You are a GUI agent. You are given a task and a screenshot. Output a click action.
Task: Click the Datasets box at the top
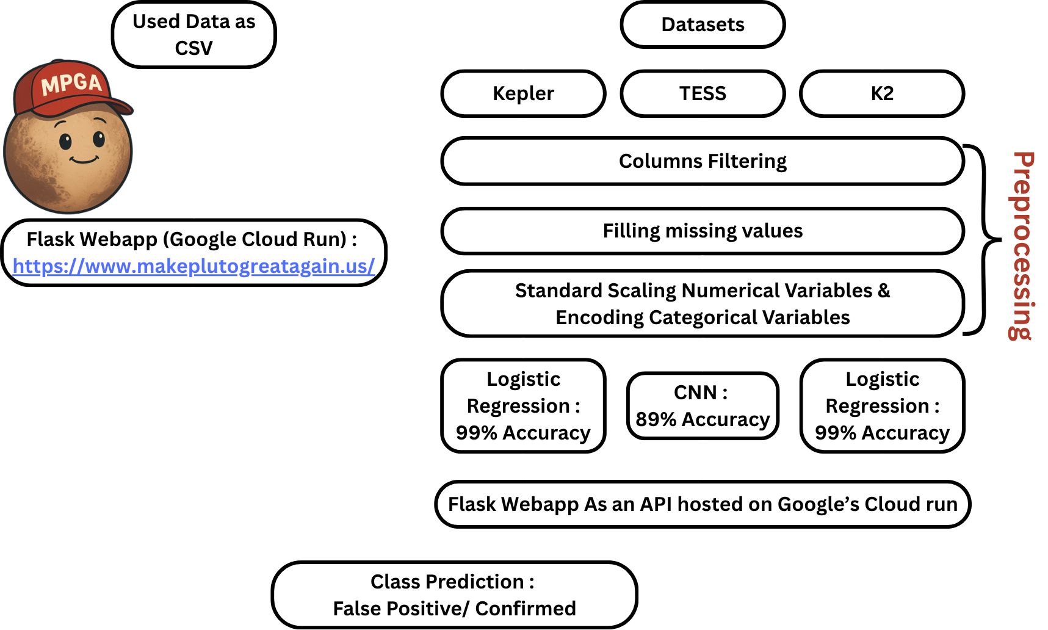coord(703,25)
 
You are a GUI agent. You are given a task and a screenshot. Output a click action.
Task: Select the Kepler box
coord(523,93)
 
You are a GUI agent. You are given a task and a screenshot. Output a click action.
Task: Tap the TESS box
coord(703,93)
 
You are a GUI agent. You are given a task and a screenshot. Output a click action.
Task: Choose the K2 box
coord(882,93)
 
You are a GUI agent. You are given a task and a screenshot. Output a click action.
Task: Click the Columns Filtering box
coord(703,161)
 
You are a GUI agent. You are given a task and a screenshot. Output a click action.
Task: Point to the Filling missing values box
coord(703,231)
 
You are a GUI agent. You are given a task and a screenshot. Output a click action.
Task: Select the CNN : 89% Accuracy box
coord(703,406)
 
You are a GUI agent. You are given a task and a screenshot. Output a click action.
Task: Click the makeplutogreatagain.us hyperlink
coord(193,266)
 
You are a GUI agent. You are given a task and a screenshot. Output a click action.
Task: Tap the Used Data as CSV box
coord(193,35)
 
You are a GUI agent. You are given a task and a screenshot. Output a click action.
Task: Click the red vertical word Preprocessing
coord(1021,245)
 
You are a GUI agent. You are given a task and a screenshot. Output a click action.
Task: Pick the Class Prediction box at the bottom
coord(454,595)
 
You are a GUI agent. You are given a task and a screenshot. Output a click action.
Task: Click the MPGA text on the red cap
coord(71,83)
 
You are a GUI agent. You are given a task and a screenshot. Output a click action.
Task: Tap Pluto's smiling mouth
coord(84,161)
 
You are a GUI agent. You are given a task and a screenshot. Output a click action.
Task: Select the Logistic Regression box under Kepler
coord(523,406)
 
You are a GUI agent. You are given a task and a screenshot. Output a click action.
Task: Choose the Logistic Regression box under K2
coord(882,406)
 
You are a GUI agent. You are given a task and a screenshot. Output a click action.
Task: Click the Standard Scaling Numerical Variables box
coord(703,303)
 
